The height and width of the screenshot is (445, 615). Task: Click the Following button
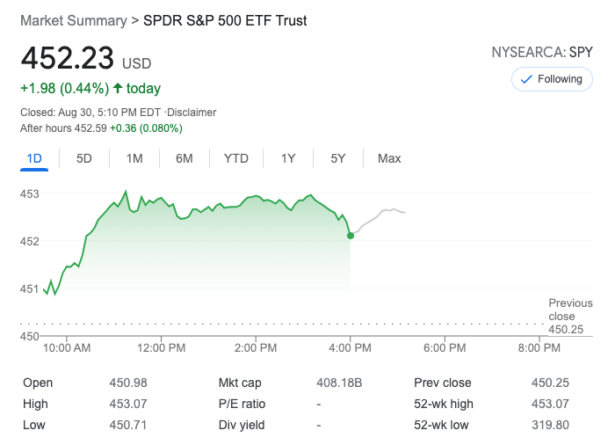(x=552, y=79)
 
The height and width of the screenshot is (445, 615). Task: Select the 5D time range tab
(x=84, y=158)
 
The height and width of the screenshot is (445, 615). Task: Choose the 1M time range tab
(x=134, y=158)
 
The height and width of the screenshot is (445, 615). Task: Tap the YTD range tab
(x=236, y=158)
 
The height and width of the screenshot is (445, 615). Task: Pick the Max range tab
(x=389, y=158)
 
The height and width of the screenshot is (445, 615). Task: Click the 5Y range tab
(x=338, y=158)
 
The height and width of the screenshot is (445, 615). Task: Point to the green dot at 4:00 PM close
(x=351, y=235)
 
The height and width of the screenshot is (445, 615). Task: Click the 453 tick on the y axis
(x=30, y=193)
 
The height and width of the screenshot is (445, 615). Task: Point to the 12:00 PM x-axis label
(x=163, y=348)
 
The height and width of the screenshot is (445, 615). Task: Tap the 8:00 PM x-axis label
(x=539, y=348)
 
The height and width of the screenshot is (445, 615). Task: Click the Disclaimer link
(x=192, y=113)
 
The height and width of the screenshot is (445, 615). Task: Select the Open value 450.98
(x=128, y=383)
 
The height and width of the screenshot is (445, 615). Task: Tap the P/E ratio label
(x=242, y=405)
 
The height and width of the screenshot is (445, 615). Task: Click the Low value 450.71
(x=128, y=426)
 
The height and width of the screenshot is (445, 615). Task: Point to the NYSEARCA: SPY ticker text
(x=542, y=53)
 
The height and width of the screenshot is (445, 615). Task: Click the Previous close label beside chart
(x=570, y=310)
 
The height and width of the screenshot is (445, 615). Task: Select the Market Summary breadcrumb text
(x=73, y=20)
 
